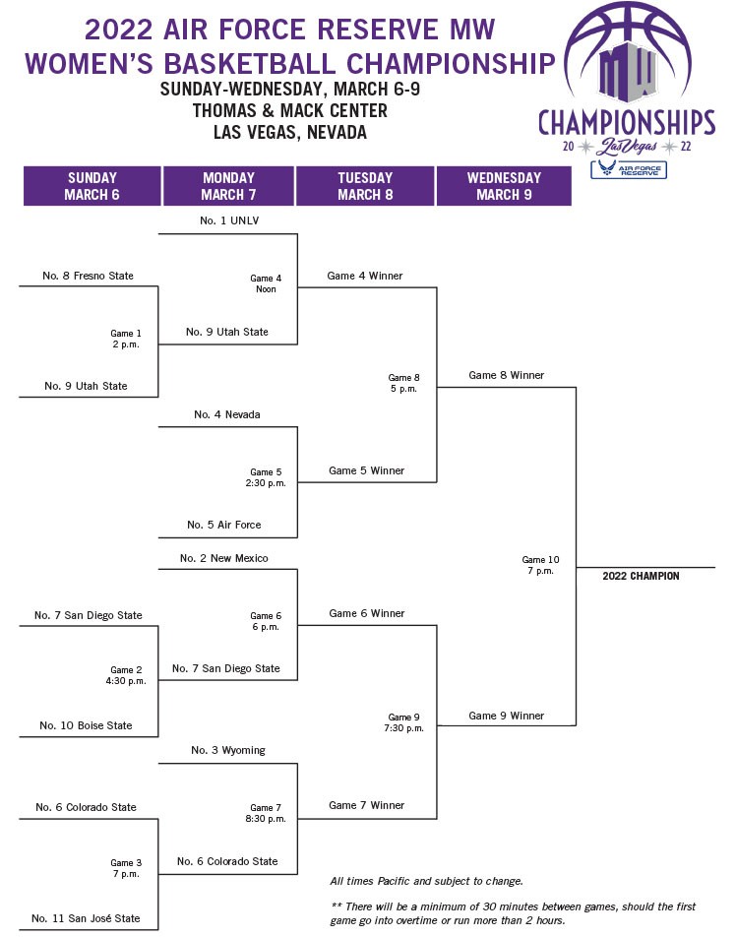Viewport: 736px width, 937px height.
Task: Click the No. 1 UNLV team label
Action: coord(229,220)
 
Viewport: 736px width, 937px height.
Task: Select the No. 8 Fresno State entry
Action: coord(88,276)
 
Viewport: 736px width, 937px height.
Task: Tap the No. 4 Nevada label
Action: coord(227,414)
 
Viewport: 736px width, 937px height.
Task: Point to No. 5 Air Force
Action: coord(224,525)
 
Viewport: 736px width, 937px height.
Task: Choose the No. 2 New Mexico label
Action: coord(224,558)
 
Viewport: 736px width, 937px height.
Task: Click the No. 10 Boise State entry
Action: coord(86,725)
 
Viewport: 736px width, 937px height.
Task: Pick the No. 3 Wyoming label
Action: coord(228,751)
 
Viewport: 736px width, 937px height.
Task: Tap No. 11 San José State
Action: coord(86,918)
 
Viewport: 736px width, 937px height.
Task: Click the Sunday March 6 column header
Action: coord(92,186)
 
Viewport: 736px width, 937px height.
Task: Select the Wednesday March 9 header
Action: coord(504,186)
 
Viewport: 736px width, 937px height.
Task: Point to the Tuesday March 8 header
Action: coord(365,186)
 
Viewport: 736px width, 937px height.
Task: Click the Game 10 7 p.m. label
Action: coord(540,565)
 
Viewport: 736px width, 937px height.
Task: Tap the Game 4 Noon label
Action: coord(266,283)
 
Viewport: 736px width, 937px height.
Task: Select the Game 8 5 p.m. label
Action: coord(403,383)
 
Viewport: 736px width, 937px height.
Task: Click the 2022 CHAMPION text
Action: coord(641,576)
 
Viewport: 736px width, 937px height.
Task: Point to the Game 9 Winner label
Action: coord(507,716)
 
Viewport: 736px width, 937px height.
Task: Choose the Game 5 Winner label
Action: coord(367,470)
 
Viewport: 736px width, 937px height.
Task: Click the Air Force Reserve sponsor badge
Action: coord(629,169)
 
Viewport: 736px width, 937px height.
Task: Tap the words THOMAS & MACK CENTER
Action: coord(289,110)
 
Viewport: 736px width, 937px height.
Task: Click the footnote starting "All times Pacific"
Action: coord(427,881)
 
